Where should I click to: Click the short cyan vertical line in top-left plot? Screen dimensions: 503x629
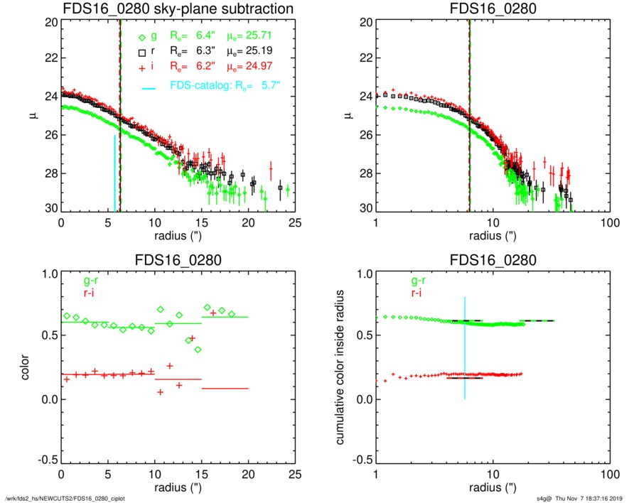(114, 173)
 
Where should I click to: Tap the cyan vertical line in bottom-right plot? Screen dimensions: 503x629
(464, 348)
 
